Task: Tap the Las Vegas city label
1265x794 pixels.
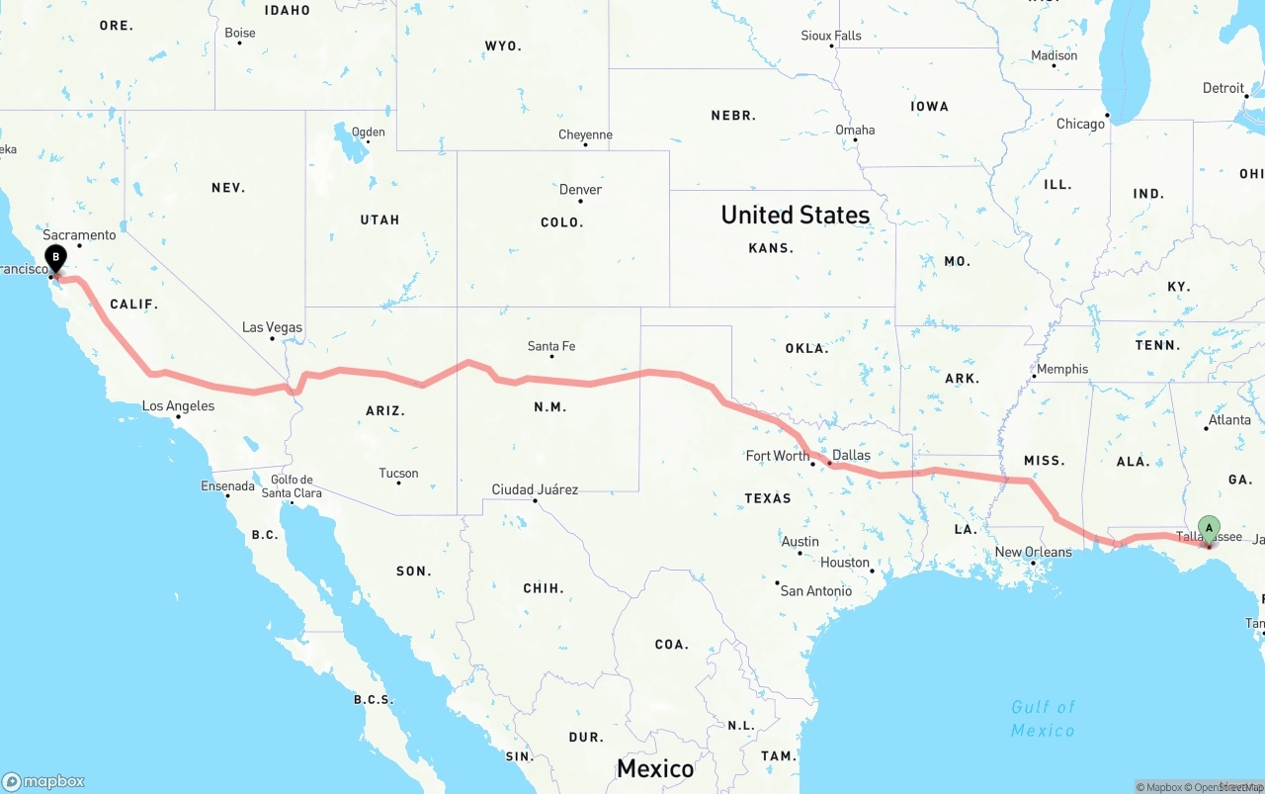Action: click(x=273, y=327)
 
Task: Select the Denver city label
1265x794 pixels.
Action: click(x=580, y=190)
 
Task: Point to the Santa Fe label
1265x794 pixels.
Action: click(x=551, y=346)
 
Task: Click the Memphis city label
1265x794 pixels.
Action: click(x=1062, y=369)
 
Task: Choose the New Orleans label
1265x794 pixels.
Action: click(x=1033, y=552)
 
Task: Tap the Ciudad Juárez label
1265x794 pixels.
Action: click(x=535, y=489)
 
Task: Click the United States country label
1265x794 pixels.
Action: click(x=796, y=215)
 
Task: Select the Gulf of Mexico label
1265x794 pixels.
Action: click(x=1043, y=719)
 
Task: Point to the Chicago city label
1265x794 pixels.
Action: click(x=1080, y=124)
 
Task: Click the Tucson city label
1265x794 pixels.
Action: click(x=398, y=473)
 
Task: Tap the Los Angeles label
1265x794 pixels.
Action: click(x=178, y=405)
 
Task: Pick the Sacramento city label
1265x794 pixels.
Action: click(x=79, y=234)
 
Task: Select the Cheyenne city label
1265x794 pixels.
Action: click(x=585, y=134)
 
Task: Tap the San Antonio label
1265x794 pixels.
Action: click(x=815, y=590)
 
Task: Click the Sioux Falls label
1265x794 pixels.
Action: click(x=831, y=36)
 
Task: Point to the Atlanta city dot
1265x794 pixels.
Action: click(x=1207, y=428)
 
